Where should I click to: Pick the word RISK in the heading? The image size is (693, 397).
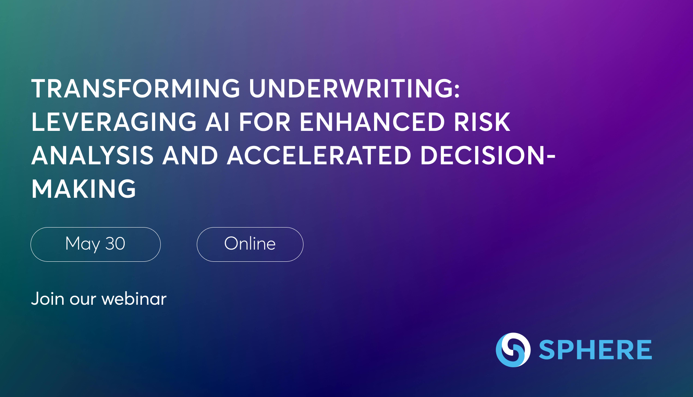click(482, 122)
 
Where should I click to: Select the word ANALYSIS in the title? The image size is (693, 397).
click(92, 155)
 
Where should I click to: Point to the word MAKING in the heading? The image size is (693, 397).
click(84, 189)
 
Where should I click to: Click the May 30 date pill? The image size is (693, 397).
click(96, 244)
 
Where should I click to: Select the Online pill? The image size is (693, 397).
click(250, 244)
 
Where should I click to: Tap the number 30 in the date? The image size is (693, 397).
click(115, 244)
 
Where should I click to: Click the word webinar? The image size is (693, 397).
click(134, 298)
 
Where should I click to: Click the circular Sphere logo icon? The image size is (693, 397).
click(513, 350)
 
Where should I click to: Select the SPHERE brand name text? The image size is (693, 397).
click(595, 350)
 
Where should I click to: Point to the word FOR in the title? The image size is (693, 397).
click(265, 122)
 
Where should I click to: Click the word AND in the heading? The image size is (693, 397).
click(190, 155)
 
